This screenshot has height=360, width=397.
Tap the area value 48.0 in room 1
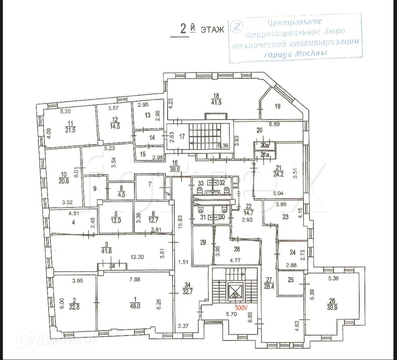(135, 306)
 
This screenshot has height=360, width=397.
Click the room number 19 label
(278, 106)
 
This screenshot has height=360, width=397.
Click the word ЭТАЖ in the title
(212, 30)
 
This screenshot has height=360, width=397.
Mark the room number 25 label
(291, 280)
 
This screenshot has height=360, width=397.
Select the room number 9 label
(94, 188)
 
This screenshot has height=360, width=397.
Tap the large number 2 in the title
(183, 29)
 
